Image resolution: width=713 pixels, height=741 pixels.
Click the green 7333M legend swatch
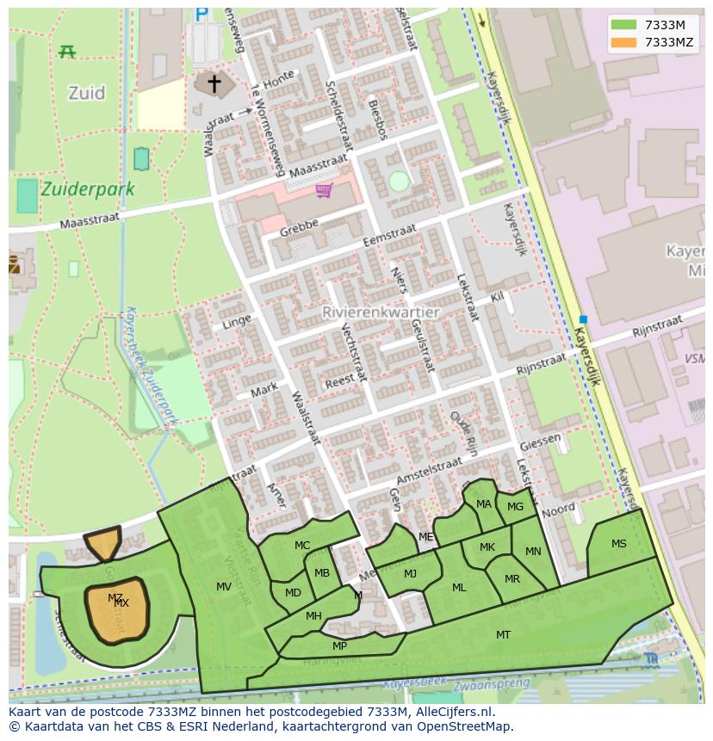[x=624, y=26]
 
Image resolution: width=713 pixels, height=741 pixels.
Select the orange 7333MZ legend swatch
[x=624, y=42]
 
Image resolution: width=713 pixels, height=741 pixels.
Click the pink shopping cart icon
[x=324, y=190]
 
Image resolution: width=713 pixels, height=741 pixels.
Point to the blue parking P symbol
[x=201, y=14]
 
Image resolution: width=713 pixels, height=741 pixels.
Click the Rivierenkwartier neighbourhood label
[x=381, y=312]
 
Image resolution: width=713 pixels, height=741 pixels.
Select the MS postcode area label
[x=619, y=544]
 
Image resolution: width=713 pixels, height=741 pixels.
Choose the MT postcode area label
[x=503, y=635]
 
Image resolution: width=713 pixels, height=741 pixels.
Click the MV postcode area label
[x=224, y=587]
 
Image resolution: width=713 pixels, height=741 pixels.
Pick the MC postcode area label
[x=302, y=546]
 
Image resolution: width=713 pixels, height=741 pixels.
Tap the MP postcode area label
[x=339, y=646]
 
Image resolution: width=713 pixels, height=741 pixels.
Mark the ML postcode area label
[x=459, y=588]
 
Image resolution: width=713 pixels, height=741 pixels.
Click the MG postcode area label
[x=515, y=507]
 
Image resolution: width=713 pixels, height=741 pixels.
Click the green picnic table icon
[x=67, y=52]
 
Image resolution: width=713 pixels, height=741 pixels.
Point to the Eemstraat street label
[x=389, y=236]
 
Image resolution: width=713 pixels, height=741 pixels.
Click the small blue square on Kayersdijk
[x=583, y=319]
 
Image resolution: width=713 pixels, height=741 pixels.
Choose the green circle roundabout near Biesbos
[x=398, y=182]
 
